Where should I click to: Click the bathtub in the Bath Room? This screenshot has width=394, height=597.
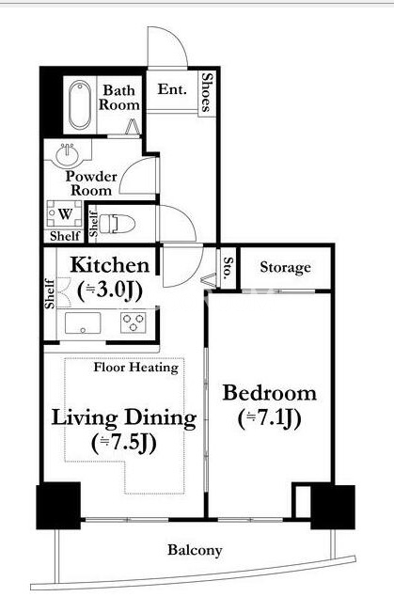[80, 105]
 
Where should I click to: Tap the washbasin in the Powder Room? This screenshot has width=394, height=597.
[69, 154]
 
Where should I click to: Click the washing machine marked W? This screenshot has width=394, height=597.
[64, 214]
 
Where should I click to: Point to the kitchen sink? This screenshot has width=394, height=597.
[83, 322]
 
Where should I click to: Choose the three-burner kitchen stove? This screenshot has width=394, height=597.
[134, 322]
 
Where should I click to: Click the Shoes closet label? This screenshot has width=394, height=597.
[207, 92]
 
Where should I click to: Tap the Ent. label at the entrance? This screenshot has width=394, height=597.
[172, 89]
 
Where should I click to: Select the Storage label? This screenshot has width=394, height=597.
[285, 268]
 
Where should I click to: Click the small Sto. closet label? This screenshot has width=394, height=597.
[228, 267]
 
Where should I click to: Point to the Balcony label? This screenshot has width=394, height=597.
[195, 551]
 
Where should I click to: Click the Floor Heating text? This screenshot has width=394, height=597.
[136, 368]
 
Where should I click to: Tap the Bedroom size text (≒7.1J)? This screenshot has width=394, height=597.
[270, 419]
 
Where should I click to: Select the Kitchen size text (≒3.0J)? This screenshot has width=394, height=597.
[110, 291]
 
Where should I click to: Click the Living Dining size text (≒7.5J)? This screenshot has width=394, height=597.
[124, 444]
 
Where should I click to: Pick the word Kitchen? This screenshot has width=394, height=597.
[110, 265]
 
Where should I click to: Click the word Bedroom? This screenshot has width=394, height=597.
[270, 393]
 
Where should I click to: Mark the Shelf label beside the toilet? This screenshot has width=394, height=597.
[93, 224]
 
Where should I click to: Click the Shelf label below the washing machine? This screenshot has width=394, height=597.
[65, 236]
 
